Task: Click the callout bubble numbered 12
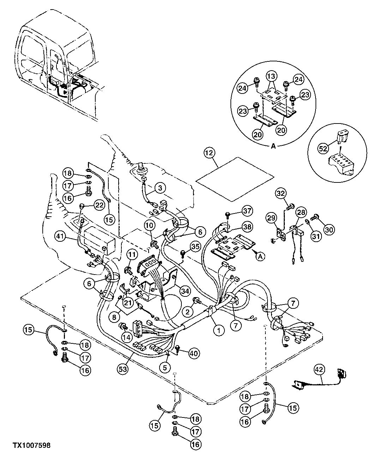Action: tap(209, 153)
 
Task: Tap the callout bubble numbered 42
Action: tap(319, 369)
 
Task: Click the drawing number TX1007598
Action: tap(27, 446)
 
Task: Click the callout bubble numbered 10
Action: tap(149, 224)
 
